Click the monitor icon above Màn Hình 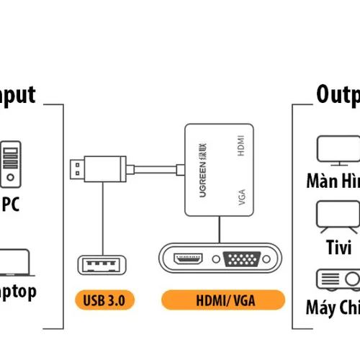click(338, 149)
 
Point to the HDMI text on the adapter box click(242, 146)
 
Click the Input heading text click(17, 94)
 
